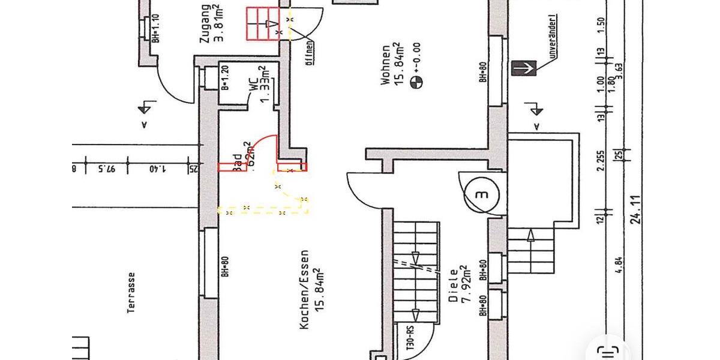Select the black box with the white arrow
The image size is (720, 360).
(x=523, y=68)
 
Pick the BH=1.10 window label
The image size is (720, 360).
(x=155, y=28)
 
